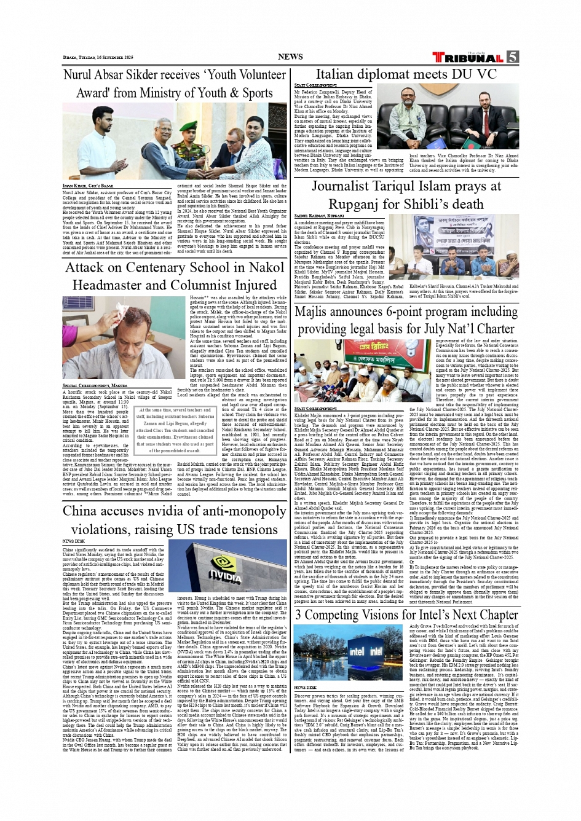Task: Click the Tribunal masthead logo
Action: pos(467,58)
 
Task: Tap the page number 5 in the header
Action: pos(512,57)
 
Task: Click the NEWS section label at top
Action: pos(290,57)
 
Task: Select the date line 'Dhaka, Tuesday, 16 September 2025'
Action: pos(98,57)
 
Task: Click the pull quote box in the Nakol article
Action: pos(176,430)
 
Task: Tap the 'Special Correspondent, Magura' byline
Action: pos(95,385)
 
